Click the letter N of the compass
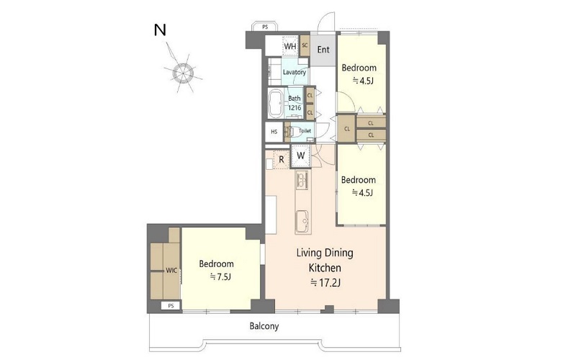160,30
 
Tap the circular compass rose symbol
183,73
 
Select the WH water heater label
290,46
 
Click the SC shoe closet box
305,45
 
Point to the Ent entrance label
323,50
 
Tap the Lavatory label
294,72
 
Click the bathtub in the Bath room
275,104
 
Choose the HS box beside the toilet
274,132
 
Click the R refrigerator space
282,160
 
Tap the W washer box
301,156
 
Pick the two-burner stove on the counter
302,180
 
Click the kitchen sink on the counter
303,222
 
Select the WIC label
171,271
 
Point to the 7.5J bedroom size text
220,276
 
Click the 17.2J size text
325,283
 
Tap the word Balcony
264,326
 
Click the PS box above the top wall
265,27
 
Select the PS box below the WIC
171,305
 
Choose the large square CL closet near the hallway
347,129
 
